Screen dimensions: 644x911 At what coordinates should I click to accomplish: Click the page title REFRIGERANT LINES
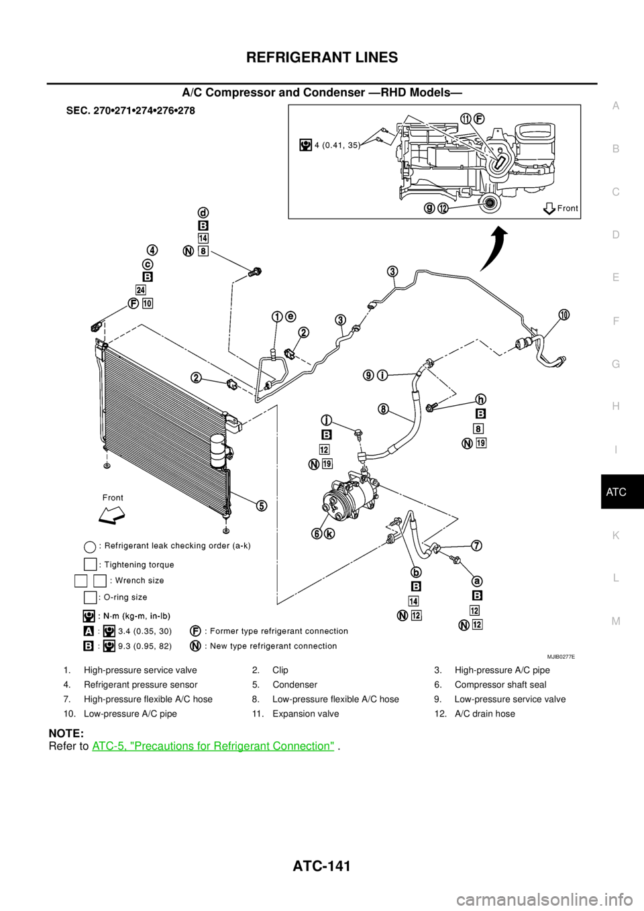[322, 58]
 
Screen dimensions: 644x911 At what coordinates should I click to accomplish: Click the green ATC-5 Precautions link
[213, 746]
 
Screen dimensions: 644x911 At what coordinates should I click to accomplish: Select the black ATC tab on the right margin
[623, 492]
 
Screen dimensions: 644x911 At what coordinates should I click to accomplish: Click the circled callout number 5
[262, 505]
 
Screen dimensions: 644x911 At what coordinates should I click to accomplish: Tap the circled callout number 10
[563, 315]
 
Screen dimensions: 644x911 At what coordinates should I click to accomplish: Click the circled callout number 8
[383, 409]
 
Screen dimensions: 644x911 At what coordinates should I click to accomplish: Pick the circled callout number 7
[477, 545]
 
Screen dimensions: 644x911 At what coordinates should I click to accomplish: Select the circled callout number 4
[152, 250]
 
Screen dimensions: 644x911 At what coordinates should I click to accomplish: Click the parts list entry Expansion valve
[306, 714]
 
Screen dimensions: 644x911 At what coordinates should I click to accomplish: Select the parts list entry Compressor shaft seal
[500, 684]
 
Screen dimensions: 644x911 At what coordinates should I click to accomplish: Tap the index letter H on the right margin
[616, 406]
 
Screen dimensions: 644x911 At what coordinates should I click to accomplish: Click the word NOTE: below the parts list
[66, 733]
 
